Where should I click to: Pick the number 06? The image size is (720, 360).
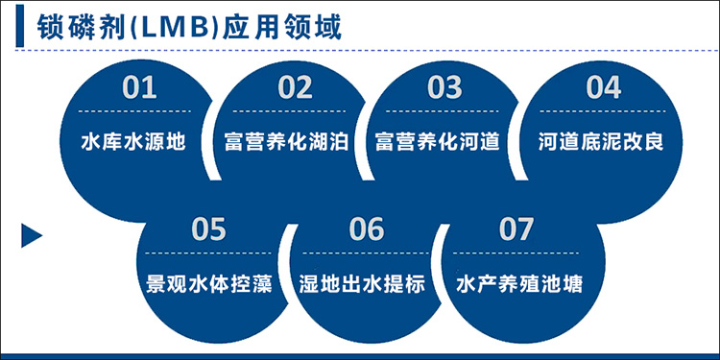[x=366, y=229]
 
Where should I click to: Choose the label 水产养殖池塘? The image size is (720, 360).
[x=518, y=285]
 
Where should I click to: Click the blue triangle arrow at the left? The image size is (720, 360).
[x=32, y=234]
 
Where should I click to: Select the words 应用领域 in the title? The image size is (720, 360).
[x=276, y=25]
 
